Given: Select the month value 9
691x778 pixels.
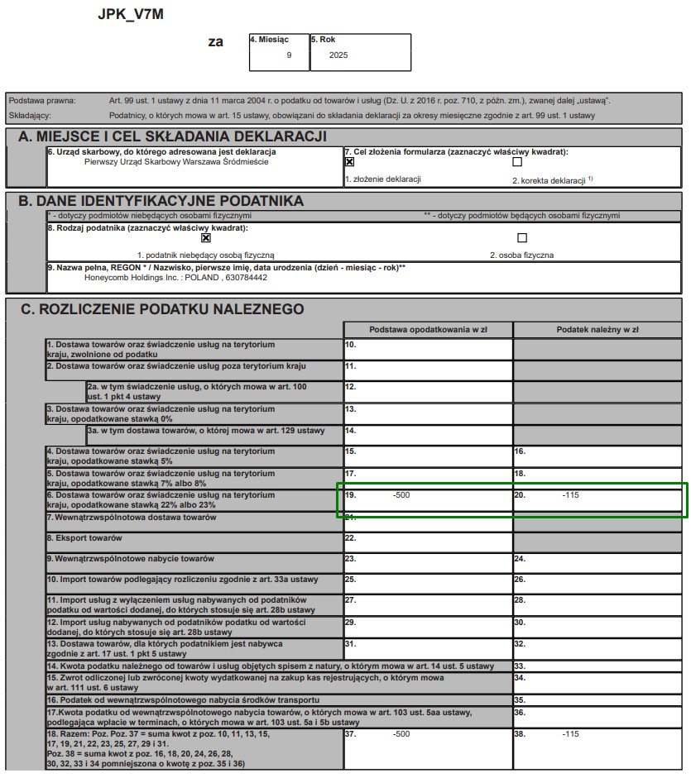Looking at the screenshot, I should coord(289,55).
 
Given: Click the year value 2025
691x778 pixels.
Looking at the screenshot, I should coord(338,55).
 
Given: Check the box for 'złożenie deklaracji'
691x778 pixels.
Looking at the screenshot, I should coord(349,163).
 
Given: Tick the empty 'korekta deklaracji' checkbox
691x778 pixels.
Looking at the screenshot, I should coord(517,163).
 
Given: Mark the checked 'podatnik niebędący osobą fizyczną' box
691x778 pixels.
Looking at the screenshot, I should coord(206,238).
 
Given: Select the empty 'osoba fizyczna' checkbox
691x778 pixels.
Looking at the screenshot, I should coord(521,238).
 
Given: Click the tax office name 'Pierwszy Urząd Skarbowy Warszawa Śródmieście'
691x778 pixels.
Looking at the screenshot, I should coord(176,162).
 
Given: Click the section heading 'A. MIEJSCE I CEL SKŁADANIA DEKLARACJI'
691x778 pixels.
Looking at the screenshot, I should coord(173,136).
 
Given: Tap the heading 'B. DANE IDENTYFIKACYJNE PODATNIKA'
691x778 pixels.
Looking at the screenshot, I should coord(161,201).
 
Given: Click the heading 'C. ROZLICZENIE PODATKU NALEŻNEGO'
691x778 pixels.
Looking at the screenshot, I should coord(162,309).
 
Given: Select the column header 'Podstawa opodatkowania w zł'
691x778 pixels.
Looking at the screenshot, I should coord(428,329).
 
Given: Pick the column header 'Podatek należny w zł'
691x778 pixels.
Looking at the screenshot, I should coord(597,329).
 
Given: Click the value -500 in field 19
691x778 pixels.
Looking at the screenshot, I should coord(401,494).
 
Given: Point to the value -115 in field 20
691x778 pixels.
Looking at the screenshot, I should coord(570,494).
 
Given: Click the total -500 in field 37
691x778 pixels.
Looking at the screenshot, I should coord(401,733).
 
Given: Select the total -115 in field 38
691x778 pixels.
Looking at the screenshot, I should coord(570,733).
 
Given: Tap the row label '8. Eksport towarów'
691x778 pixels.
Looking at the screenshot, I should coord(84,538).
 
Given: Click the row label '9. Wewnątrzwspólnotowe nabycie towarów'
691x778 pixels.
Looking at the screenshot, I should coord(131,559).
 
